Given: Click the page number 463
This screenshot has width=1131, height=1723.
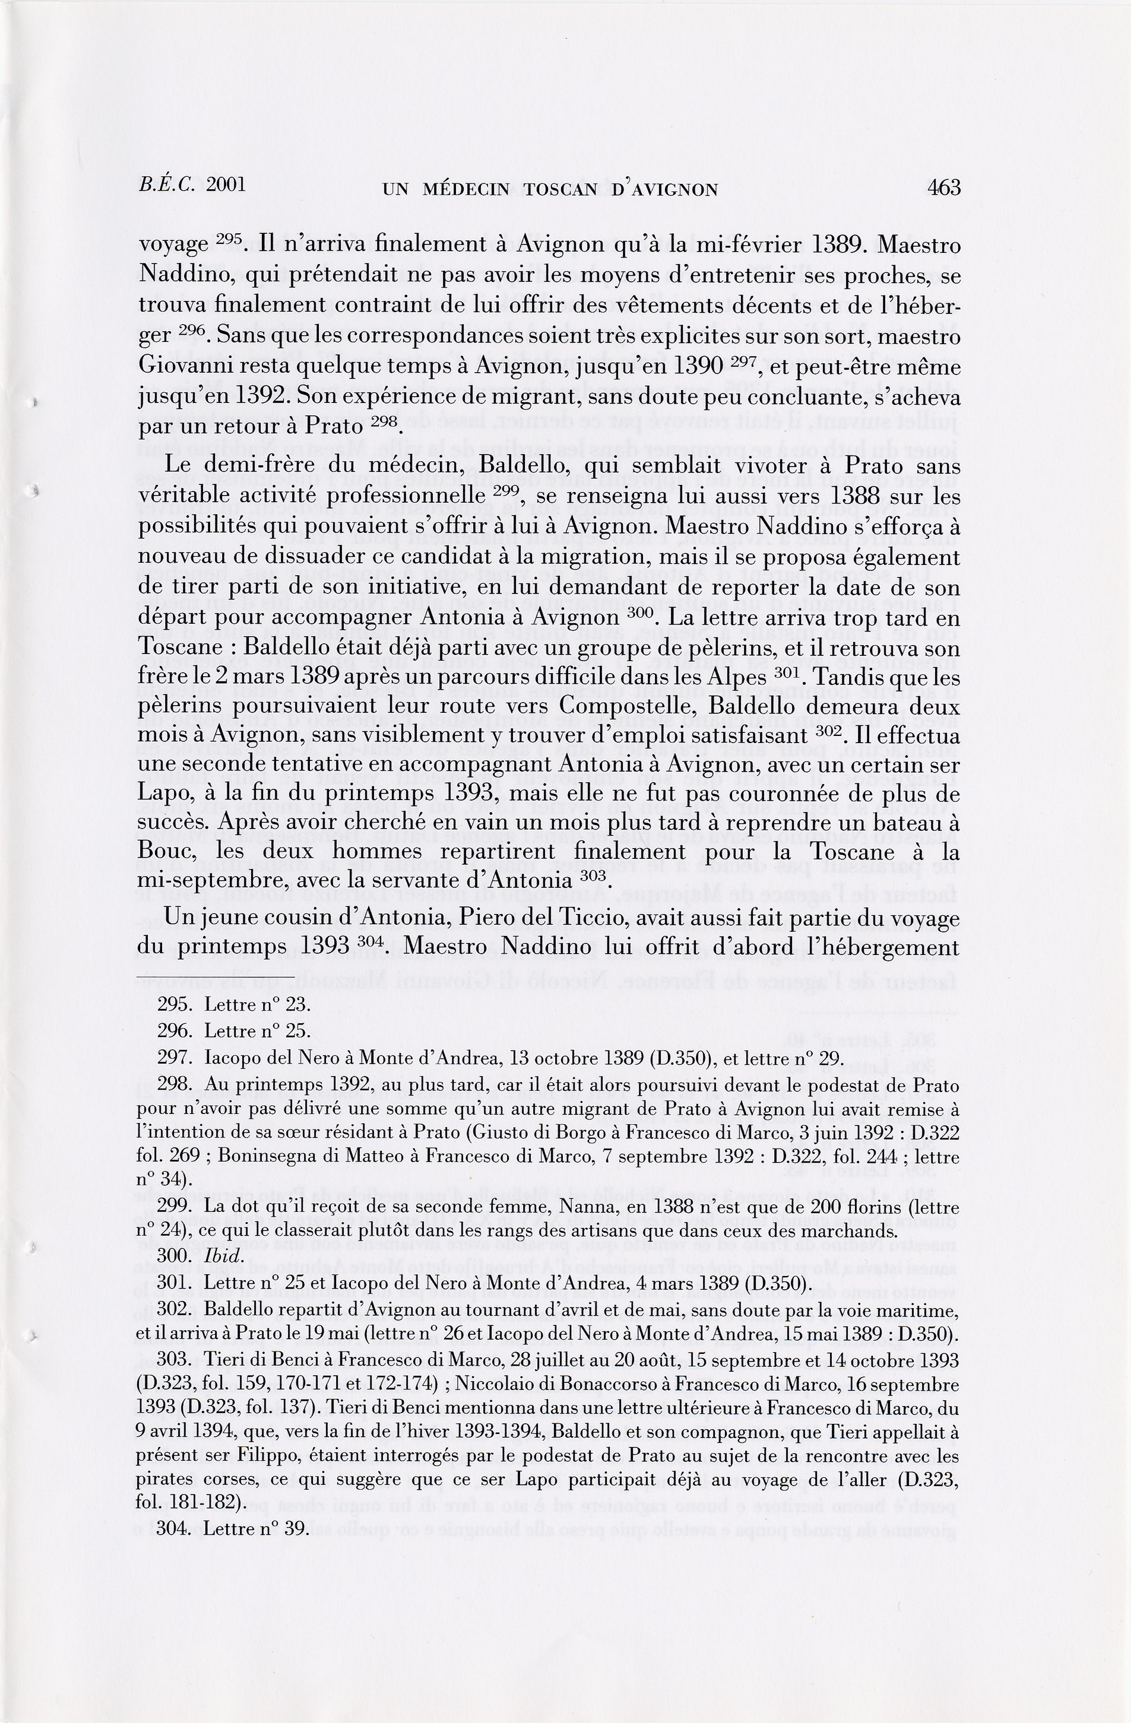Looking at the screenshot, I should click(x=943, y=188).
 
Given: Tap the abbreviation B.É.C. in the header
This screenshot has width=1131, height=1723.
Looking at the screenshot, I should click(x=167, y=185).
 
